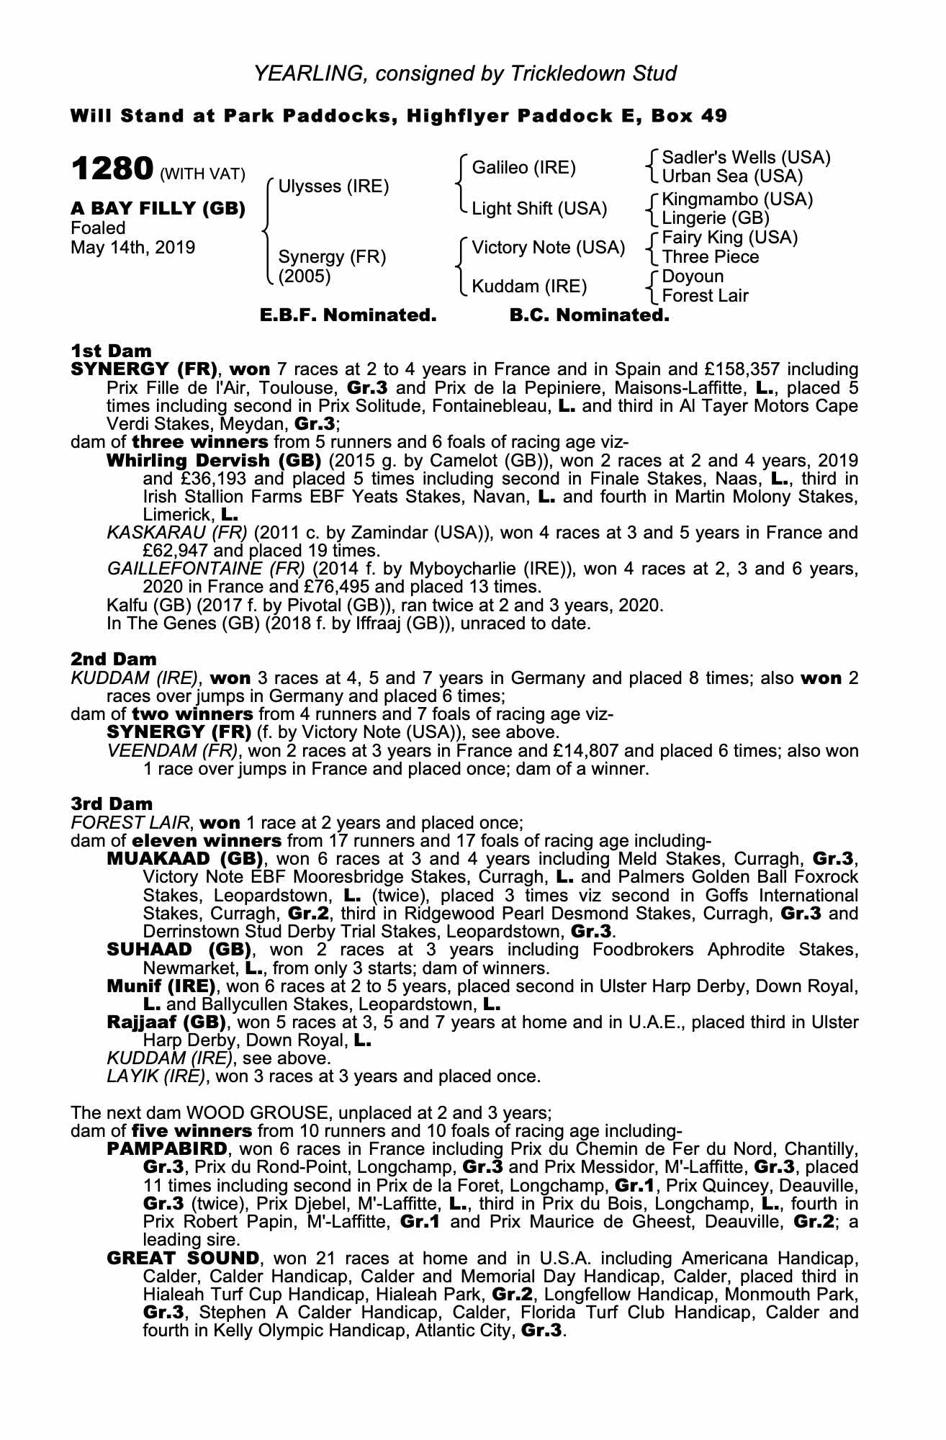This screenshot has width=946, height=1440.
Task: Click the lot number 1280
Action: pos(112,170)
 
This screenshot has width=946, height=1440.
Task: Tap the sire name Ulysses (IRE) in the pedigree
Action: pos(333,186)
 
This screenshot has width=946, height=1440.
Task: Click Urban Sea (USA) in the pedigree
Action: pos(732,176)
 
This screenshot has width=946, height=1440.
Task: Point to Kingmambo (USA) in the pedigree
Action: pos(737,199)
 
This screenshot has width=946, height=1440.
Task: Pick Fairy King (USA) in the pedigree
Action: pos(729,238)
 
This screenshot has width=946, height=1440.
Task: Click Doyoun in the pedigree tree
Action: pos(693,276)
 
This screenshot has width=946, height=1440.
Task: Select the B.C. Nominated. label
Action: pos(589,315)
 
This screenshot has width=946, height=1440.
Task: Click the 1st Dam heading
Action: pos(112,351)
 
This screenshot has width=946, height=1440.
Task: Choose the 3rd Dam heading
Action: pos(112,804)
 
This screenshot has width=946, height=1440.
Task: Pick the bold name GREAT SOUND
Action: pos(182,1258)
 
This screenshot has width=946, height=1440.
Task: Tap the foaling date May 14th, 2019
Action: pos(132,248)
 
